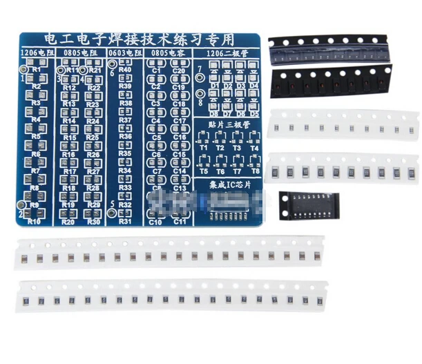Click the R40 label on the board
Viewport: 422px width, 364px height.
coord(125,70)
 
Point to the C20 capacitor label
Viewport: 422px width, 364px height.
coord(179,71)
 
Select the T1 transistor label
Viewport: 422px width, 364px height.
coord(204,148)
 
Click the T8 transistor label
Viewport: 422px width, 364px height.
coord(255,171)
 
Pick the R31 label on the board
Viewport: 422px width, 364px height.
coord(125,221)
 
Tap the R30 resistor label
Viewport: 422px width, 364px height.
coord(93,222)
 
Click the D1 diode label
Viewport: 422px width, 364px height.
coord(215,86)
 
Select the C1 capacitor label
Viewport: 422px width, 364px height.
coord(155,71)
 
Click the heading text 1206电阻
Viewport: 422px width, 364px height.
coord(35,52)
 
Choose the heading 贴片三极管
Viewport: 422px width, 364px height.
coord(228,125)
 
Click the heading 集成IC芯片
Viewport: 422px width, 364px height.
coord(228,185)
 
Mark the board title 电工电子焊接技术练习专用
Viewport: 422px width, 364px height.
coord(138,39)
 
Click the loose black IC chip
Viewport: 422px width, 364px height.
coord(309,206)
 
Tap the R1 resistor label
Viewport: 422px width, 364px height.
coord(36,70)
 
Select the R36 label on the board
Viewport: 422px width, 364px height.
coord(125,136)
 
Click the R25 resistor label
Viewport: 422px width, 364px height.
coord(93,137)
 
